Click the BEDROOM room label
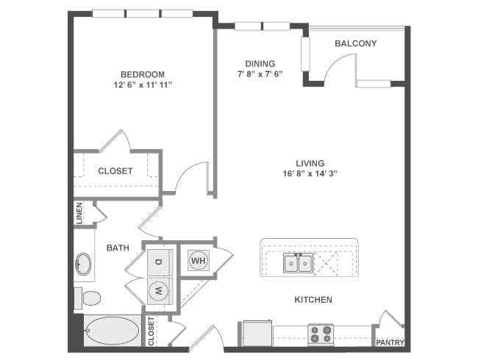[143, 74]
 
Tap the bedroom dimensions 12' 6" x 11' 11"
[143, 85]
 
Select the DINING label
[260, 64]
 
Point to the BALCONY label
[355, 43]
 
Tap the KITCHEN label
[313, 300]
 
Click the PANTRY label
[390, 342]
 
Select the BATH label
[118, 248]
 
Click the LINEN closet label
[79, 213]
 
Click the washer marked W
[158, 290]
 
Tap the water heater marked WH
[198, 259]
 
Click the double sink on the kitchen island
[299, 262]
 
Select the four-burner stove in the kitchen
[321, 334]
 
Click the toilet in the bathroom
[89, 298]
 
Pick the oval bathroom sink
[82, 262]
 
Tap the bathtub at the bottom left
[112, 331]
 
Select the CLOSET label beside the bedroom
[115, 170]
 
